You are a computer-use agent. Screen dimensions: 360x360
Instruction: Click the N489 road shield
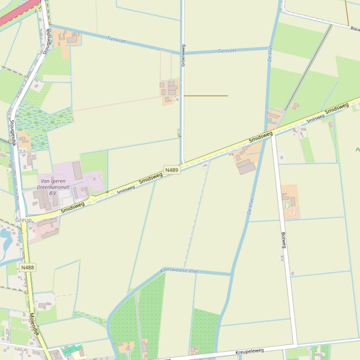click(172, 170)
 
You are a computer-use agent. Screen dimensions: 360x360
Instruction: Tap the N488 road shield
click(28, 267)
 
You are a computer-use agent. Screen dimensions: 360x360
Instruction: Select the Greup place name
click(23, 220)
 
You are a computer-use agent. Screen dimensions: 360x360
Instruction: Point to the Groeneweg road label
click(183, 55)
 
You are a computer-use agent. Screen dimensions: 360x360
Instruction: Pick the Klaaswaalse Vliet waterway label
click(179, 271)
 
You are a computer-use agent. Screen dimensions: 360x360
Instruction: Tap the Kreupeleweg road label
click(250, 351)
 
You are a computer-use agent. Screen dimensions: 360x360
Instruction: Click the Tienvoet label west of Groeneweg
click(116, 40)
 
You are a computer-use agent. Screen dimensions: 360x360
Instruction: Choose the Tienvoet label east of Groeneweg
click(227, 50)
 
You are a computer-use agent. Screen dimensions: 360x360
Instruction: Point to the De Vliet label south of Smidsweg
click(250, 206)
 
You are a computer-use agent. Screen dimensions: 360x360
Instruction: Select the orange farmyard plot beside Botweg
click(290, 202)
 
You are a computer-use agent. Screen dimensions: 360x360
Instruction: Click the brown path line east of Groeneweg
click(206, 96)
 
